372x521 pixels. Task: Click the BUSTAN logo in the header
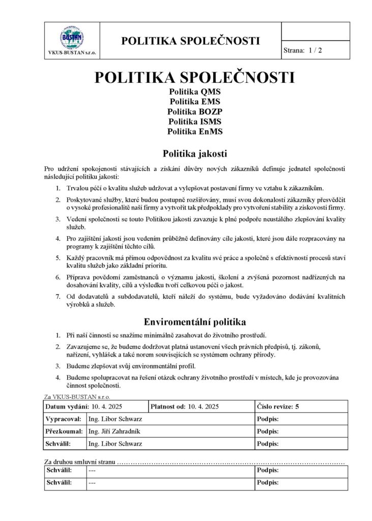(x=72, y=37)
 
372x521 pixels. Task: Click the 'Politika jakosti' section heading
(x=194, y=153)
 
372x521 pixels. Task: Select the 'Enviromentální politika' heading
(x=194, y=322)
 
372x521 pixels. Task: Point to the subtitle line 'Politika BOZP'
(x=195, y=111)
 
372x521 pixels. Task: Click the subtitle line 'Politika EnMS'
(x=195, y=131)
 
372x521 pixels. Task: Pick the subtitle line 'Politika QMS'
(x=195, y=92)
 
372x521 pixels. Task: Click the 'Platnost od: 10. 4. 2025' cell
(x=185, y=407)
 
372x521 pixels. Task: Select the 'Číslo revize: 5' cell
(x=278, y=407)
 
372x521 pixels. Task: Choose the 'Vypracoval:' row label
(x=64, y=419)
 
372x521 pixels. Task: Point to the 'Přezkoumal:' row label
(x=64, y=431)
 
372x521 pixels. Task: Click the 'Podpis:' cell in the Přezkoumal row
(x=268, y=431)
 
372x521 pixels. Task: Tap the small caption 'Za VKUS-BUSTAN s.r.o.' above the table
(x=77, y=396)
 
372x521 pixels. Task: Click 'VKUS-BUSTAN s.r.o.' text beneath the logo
(x=72, y=53)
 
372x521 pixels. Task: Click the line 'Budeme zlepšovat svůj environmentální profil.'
(x=131, y=366)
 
